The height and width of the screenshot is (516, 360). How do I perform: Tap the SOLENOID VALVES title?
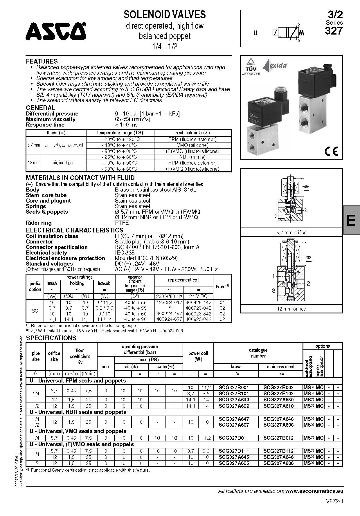point(165,15)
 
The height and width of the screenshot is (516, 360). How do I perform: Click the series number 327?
point(334,31)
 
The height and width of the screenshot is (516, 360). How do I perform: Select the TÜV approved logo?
point(251,66)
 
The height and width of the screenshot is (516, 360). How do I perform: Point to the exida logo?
point(275,66)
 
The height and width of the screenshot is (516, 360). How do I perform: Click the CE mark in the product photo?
point(331,151)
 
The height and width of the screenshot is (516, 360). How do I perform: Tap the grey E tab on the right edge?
point(351,220)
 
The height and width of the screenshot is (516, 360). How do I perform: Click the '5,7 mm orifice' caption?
point(291,232)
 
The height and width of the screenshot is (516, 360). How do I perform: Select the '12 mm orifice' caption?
point(291,309)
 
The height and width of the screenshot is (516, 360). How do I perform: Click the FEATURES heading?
point(42,61)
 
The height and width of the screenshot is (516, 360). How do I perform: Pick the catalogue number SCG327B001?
point(234,387)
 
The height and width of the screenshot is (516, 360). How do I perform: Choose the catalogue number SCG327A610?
point(278,406)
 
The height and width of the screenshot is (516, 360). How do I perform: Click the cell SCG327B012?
point(278,438)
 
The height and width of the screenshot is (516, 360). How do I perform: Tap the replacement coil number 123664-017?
point(169,302)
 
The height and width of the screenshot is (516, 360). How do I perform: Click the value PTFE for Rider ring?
point(122,223)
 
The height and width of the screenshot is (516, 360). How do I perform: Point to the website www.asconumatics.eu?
point(314,491)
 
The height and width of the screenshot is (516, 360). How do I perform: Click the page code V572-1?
point(334,501)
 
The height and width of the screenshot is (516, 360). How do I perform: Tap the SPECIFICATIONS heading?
point(51,338)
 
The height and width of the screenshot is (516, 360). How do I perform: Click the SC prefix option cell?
point(35,311)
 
